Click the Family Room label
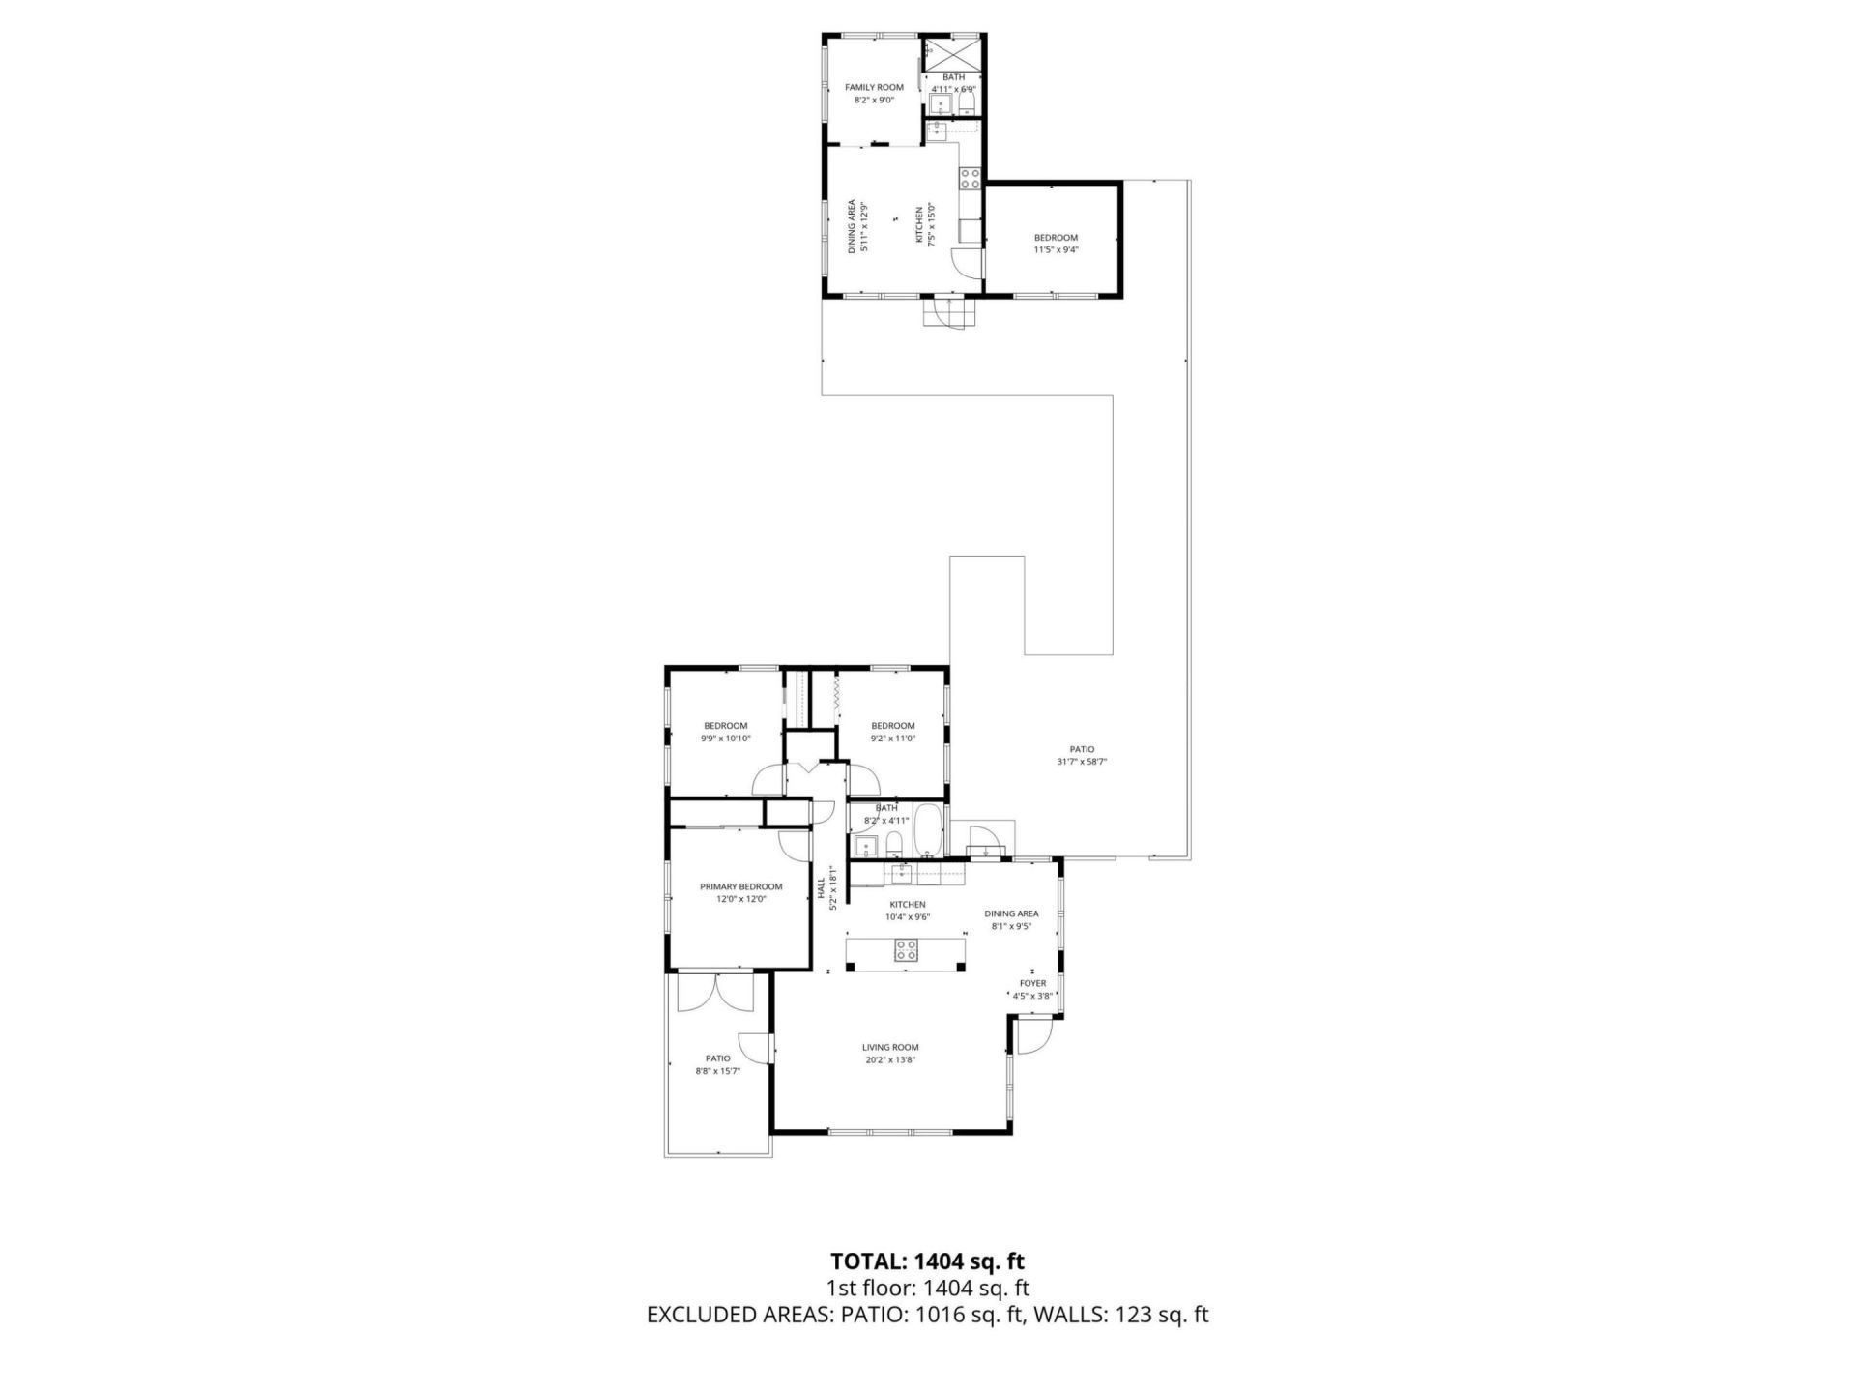[x=874, y=87]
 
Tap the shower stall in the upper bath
[x=952, y=51]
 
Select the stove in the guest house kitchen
[x=969, y=177]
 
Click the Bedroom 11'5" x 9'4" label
[x=1056, y=238]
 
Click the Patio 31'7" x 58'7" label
[x=1082, y=749]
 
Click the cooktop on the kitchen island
[x=906, y=950]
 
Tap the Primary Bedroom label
[x=740, y=886]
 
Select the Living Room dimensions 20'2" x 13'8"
[x=890, y=1059]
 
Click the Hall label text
[x=821, y=886]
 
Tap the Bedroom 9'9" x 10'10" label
[x=725, y=726]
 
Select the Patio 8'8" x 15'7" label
[x=717, y=1058]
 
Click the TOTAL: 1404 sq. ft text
[x=927, y=1261]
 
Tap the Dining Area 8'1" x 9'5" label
[x=1011, y=913]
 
